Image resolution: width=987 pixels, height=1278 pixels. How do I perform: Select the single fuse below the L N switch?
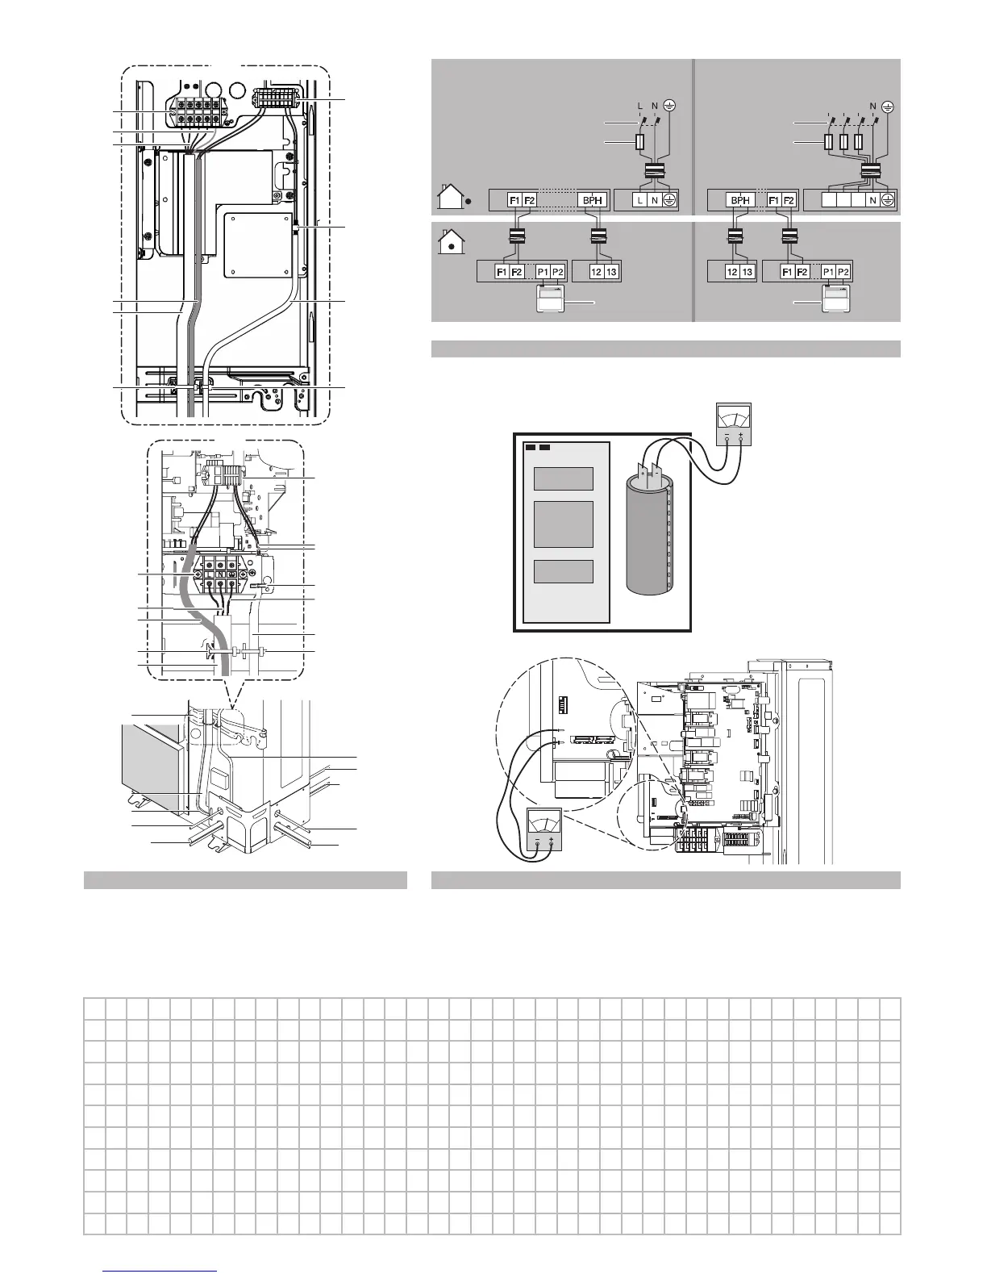pos(639,144)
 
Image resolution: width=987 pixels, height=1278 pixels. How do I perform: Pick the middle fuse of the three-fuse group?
pos(843,144)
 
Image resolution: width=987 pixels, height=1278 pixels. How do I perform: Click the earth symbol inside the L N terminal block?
pos(669,200)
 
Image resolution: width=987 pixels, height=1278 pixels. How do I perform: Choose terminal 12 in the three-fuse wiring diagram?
pos(731,272)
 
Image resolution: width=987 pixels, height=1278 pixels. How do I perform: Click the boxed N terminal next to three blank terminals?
pos(872,200)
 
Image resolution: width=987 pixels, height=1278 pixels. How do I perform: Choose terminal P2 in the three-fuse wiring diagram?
pos(842,272)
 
